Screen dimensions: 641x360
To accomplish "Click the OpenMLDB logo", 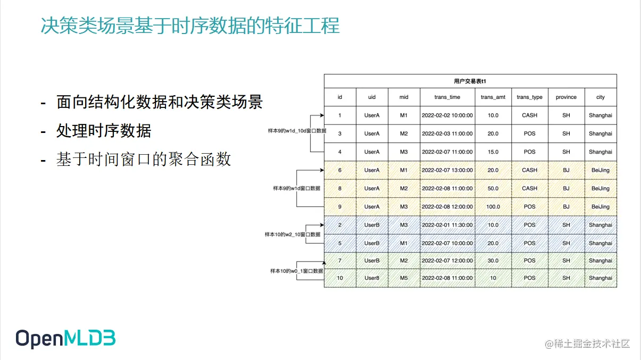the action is coord(65,339).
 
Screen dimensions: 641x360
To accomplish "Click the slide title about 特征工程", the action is coord(190,26).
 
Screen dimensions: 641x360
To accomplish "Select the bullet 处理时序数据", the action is coord(103,130).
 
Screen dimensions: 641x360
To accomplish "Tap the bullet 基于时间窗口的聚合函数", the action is coord(144,159).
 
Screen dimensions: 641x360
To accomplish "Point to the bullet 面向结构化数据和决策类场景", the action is coord(159,102).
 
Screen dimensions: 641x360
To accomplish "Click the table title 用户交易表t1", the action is coord(470,81).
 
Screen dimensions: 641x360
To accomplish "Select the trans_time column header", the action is coord(447,97).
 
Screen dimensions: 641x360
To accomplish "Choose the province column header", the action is coord(566,97).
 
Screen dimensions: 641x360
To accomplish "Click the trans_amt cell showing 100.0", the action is coord(493,207).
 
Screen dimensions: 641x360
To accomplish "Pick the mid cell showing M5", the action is coord(404,278).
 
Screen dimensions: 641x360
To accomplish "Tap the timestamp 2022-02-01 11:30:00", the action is coord(447,225).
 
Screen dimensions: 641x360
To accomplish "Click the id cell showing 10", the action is coord(340,278).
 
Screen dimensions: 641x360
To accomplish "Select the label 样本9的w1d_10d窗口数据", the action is coord(297,130).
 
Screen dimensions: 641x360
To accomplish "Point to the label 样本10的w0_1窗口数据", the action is coord(296,271).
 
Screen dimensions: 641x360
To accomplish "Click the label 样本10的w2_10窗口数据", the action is coord(293,235).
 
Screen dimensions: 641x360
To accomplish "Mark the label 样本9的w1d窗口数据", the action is coord(297,188).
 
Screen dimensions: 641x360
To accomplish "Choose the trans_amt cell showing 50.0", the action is coord(493,188).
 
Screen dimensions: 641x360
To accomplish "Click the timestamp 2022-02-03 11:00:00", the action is coord(447,133).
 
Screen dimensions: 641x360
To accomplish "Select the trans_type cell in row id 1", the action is coord(529,115).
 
